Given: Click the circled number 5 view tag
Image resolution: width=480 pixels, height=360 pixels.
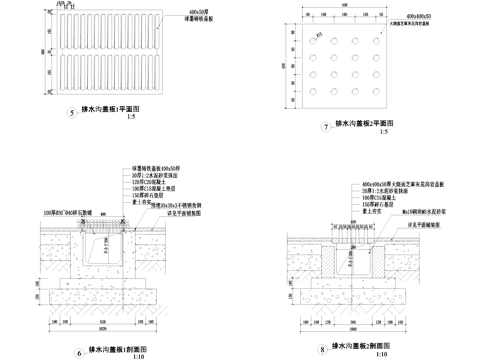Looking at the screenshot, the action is click(71, 112).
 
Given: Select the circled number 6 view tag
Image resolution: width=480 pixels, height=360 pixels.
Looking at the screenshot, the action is click(79, 352).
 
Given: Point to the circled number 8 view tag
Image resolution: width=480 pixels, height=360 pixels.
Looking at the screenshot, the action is click(322, 351).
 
